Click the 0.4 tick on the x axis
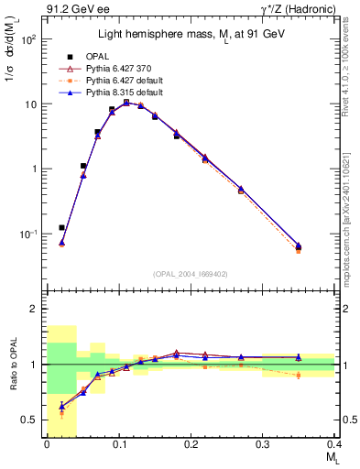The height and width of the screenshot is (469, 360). [334, 444]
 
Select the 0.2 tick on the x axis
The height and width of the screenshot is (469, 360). [191, 444]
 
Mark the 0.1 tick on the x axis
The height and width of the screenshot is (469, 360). [119, 444]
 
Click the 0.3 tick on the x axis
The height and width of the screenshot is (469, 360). [263, 444]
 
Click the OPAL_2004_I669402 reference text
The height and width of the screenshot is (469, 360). [190, 272]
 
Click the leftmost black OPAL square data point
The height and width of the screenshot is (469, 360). [61, 227]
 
